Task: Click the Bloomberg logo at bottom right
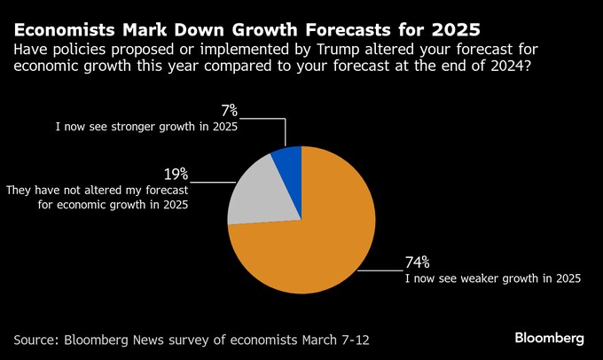(549, 338)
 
